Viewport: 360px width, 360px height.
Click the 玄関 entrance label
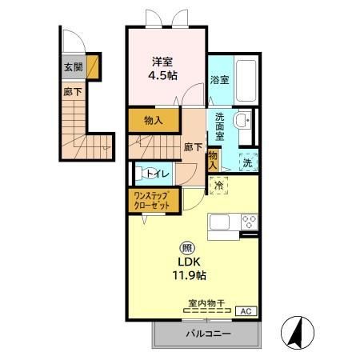(74, 67)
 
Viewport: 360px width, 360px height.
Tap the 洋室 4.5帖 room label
(162, 69)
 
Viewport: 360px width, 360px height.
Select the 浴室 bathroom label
(219, 80)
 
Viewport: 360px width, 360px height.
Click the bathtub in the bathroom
(246, 81)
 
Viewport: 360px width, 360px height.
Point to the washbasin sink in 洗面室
(242, 120)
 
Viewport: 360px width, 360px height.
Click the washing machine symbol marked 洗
(248, 162)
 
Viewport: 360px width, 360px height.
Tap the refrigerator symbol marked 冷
(219, 186)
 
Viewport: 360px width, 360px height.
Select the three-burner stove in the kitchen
(250, 222)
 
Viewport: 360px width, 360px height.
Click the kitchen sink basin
(219, 222)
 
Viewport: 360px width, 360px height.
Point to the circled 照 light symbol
(189, 248)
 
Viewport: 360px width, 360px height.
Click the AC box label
(246, 311)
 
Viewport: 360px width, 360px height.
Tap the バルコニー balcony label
(208, 334)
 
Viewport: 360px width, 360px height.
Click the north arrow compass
(298, 333)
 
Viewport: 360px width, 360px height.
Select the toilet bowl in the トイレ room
(143, 174)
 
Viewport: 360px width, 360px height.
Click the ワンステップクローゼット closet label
(152, 201)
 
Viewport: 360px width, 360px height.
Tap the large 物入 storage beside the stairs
(154, 121)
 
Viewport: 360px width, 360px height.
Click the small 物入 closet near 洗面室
(213, 160)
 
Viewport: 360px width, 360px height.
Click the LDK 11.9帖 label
(189, 268)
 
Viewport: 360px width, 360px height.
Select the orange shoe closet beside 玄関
(93, 66)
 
